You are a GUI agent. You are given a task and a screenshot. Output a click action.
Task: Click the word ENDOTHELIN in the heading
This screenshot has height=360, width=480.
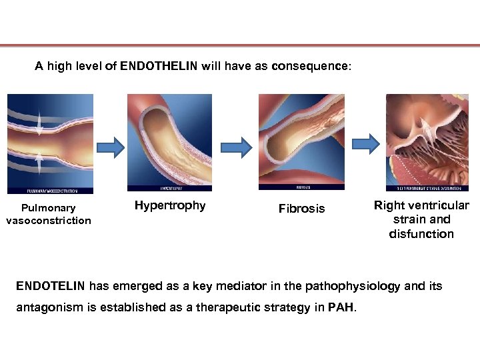[x=150, y=67]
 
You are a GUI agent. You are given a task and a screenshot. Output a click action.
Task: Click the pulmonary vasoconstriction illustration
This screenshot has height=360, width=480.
[x=50, y=143]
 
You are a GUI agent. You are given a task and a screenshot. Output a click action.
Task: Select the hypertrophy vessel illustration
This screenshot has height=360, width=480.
[x=169, y=142]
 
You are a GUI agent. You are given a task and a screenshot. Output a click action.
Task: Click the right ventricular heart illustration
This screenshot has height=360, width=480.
[x=427, y=142]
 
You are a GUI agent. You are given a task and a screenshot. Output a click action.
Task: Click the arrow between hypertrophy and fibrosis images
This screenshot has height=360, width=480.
[x=236, y=145]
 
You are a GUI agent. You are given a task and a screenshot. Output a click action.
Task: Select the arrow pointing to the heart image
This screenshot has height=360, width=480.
[x=365, y=143]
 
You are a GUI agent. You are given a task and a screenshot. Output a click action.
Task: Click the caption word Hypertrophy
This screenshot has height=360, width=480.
[x=170, y=205]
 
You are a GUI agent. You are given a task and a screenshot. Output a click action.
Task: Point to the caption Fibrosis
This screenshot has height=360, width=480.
[x=302, y=209]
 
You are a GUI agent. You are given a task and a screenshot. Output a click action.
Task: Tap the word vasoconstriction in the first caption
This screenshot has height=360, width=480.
[x=49, y=221]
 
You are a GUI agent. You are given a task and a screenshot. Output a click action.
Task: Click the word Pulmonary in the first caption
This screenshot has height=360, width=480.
[x=49, y=208]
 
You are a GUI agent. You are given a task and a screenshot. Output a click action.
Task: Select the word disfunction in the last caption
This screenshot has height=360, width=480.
[x=421, y=234]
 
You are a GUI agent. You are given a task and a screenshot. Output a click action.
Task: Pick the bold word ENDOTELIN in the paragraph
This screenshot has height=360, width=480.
[x=51, y=287]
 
